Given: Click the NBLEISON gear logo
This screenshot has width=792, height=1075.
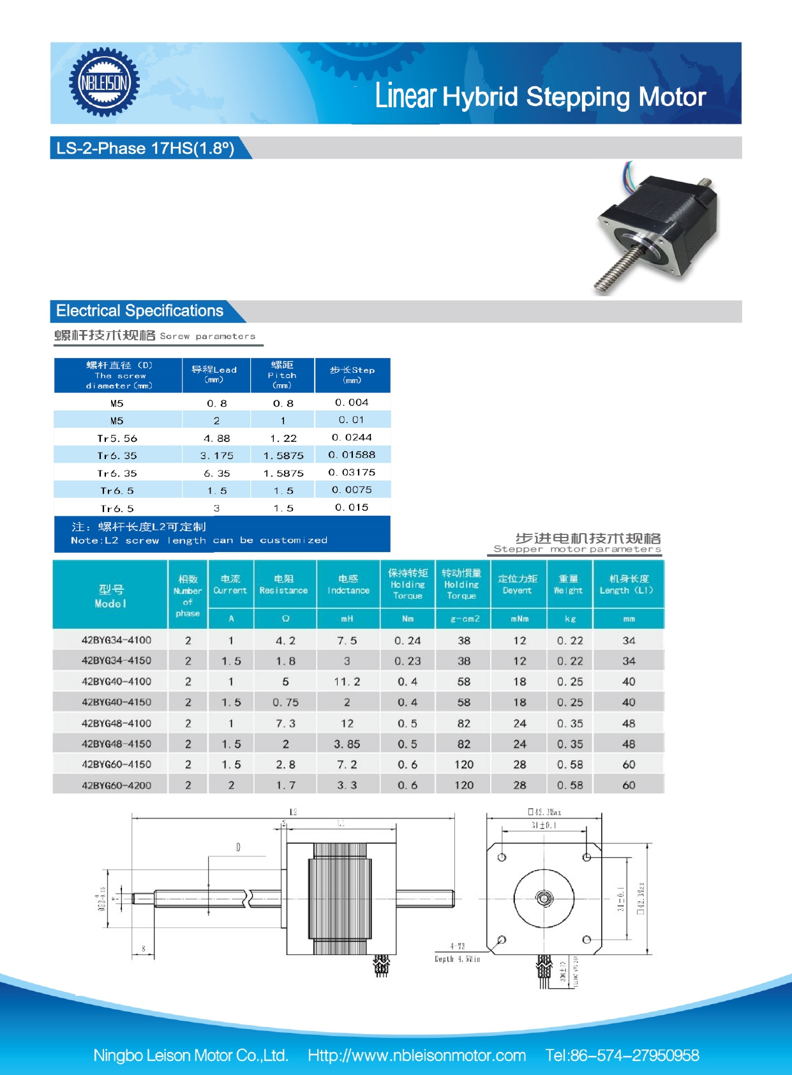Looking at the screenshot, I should (104, 82).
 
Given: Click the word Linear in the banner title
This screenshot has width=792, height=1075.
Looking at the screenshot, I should (405, 96).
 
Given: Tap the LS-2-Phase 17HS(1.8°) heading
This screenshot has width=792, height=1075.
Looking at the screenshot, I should (146, 148).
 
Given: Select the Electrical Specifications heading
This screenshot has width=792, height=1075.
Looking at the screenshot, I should (140, 311).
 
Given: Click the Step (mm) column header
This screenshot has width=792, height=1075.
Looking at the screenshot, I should (352, 375).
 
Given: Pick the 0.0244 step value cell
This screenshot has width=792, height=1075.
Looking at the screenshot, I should (352, 437).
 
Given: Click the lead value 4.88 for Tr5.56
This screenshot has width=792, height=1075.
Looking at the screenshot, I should (216, 439).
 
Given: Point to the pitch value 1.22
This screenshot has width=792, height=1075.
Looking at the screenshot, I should (283, 439).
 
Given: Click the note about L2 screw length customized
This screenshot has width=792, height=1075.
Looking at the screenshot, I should (199, 534).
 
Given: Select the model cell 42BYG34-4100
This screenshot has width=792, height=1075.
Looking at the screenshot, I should (116, 640).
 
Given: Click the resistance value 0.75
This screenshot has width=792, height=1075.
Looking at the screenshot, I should (285, 702).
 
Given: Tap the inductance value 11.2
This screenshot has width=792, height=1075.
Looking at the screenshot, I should (347, 682).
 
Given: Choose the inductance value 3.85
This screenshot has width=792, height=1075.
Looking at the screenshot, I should (347, 744).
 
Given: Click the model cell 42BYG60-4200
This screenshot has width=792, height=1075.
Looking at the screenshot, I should (116, 785).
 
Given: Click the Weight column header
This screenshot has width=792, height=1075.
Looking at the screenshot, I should (568, 584).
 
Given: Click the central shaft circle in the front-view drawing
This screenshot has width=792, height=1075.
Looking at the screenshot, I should (544, 898).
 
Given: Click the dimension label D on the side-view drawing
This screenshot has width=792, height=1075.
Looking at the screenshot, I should (238, 847).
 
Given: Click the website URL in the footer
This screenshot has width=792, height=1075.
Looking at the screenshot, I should (417, 1055).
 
